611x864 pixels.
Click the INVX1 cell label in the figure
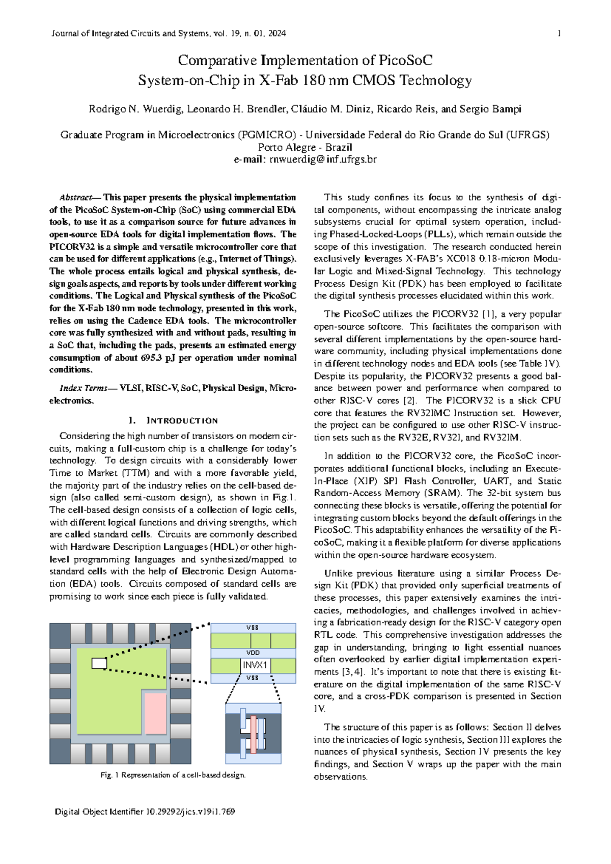coord(255,665)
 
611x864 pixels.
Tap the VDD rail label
coord(253,653)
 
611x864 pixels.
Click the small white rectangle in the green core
coord(99,663)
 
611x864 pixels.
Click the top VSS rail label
coord(253,628)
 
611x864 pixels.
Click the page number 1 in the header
coord(559,34)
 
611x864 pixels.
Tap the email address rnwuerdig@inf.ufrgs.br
coord(323,159)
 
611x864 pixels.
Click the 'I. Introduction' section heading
coord(173,420)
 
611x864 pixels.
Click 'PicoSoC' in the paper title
coord(405,61)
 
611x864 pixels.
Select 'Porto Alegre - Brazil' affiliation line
coord(305,147)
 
